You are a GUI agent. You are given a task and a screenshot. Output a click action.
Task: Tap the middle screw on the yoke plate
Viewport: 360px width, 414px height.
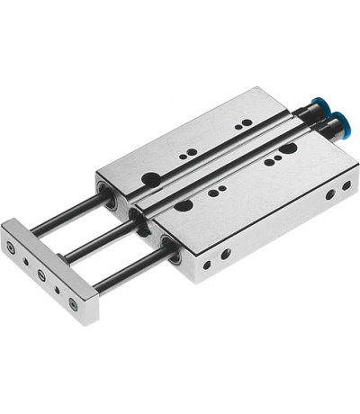click(x=39, y=274)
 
